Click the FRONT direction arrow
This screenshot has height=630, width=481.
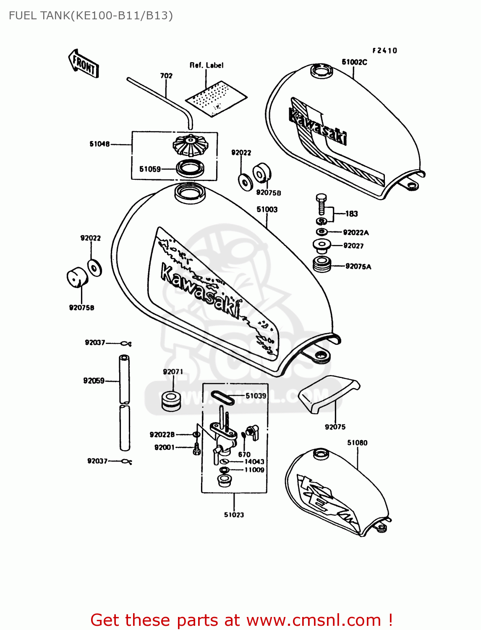(84, 64)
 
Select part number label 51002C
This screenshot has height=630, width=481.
(354, 62)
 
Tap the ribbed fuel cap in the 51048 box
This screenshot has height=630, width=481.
(190, 144)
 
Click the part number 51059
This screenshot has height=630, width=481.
(150, 169)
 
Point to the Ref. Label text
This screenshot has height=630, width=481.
(207, 65)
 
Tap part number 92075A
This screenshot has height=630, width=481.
(358, 266)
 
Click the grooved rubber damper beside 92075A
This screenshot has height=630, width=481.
(322, 264)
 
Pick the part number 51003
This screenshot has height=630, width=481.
(267, 209)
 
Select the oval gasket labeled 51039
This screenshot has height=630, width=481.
(222, 397)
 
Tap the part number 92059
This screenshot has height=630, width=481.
(94, 381)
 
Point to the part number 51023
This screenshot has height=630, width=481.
(234, 514)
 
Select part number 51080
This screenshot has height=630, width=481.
(357, 443)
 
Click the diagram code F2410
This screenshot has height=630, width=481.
(384, 50)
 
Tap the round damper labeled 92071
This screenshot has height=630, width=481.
(171, 401)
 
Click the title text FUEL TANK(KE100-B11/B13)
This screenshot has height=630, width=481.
(91, 16)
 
